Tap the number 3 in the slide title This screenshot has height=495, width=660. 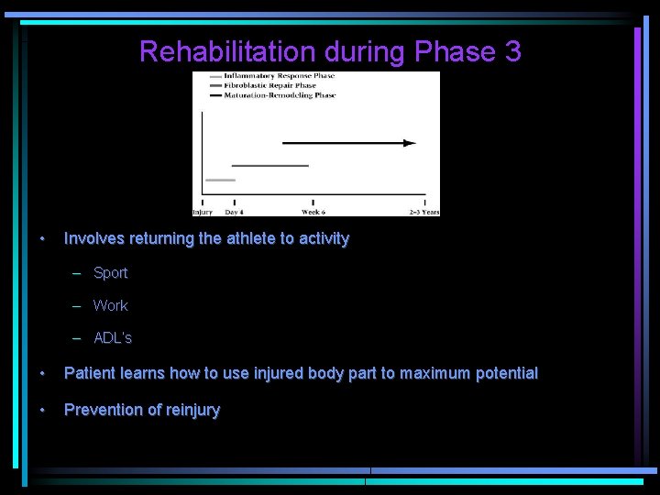511,51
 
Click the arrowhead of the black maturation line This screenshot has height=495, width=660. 410,143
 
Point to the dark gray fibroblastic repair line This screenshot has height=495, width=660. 269,166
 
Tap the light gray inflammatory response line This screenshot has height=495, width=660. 220,180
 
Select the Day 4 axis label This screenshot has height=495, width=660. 234,212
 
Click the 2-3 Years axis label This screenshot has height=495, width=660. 423,212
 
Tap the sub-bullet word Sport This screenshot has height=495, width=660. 111,273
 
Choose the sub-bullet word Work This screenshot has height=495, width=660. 111,305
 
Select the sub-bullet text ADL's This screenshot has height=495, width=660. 113,338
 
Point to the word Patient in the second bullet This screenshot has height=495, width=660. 90,374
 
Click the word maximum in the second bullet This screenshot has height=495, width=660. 432,374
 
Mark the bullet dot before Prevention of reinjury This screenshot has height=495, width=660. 42,410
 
